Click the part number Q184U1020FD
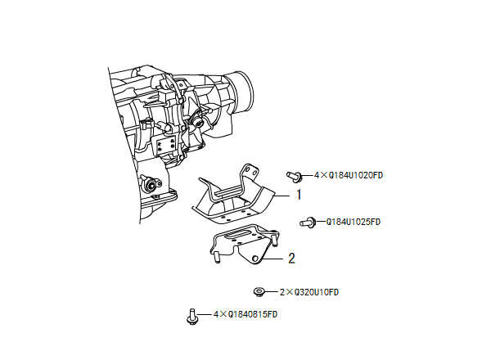tap(356, 175)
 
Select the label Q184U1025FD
tap(354, 222)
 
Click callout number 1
tap(299, 195)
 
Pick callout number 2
tap(291, 259)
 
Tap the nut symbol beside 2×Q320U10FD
tap(259, 292)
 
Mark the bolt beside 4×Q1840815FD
tap(191, 316)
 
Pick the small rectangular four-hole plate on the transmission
tap(166, 148)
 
